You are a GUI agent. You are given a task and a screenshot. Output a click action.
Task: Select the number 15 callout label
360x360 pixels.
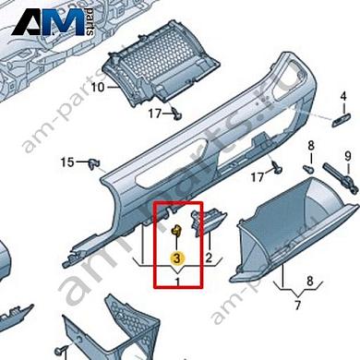click(66, 163)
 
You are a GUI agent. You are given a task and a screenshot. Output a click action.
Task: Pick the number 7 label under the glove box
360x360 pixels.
click(297, 304)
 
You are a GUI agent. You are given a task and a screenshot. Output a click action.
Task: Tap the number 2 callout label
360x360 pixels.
click(210, 258)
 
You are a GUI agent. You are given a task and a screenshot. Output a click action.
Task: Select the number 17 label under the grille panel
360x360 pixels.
click(155, 113)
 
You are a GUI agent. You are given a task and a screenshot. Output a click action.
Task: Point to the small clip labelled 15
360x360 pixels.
click(93, 164)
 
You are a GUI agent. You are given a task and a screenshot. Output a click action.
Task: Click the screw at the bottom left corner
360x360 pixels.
click(63, 351)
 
